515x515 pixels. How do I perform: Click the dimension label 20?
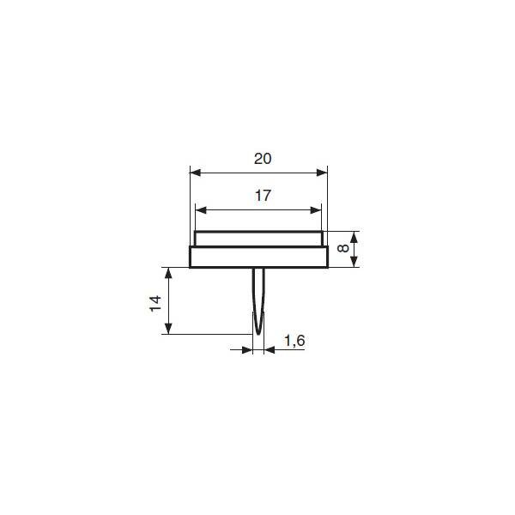point(263,159)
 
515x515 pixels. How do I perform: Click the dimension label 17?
point(263,196)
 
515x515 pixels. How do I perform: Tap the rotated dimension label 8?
point(342,248)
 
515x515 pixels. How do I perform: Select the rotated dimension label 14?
point(155,303)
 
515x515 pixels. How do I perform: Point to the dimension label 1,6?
point(294,341)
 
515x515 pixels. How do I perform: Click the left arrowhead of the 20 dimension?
point(196,173)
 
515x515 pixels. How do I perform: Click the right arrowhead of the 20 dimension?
point(322,173)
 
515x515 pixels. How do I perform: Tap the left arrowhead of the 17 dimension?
point(201,210)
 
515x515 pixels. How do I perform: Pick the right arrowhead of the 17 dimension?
point(316,210)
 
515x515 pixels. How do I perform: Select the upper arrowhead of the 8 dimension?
point(354,237)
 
